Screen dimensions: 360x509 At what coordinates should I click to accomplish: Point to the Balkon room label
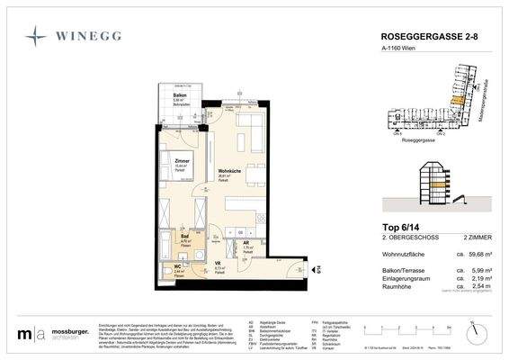tap(180, 94)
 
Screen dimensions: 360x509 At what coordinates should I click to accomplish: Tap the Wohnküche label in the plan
tap(228, 172)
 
